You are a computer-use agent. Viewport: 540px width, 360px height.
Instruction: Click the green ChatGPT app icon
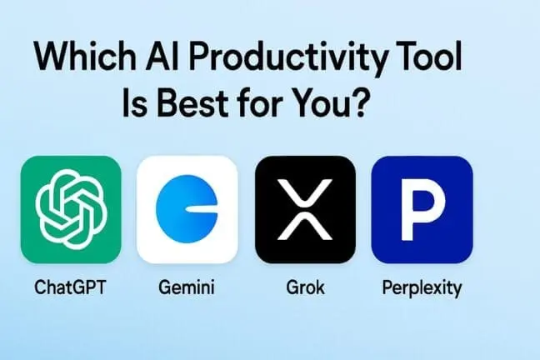coord(71,209)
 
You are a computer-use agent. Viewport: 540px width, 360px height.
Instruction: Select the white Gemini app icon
coord(187,209)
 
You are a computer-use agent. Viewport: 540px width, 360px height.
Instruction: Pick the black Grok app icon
coord(305,209)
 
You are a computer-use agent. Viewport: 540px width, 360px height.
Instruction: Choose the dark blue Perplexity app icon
coord(422,209)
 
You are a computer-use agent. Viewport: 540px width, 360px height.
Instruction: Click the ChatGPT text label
coord(71,288)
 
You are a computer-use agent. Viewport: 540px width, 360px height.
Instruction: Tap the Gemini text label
coord(187,288)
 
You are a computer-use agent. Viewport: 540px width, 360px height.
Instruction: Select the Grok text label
coord(305,288)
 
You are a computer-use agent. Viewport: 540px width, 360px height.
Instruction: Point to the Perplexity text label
coord(422,288)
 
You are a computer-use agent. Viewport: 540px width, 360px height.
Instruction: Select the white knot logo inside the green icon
coord(71,209)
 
